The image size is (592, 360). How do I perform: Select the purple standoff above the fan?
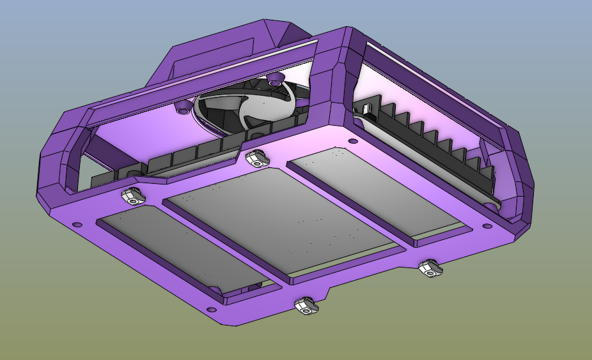coord(276,79)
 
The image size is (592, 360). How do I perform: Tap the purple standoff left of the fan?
coord(182,109)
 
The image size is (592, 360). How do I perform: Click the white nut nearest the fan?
coord(256,157)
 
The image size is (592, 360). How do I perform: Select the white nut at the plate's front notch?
coord(306,307)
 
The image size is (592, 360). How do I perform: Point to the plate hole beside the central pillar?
coord(353,141)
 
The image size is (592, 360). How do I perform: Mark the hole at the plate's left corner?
coord(77,225)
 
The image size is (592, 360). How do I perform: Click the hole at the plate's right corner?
coord(487,226)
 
